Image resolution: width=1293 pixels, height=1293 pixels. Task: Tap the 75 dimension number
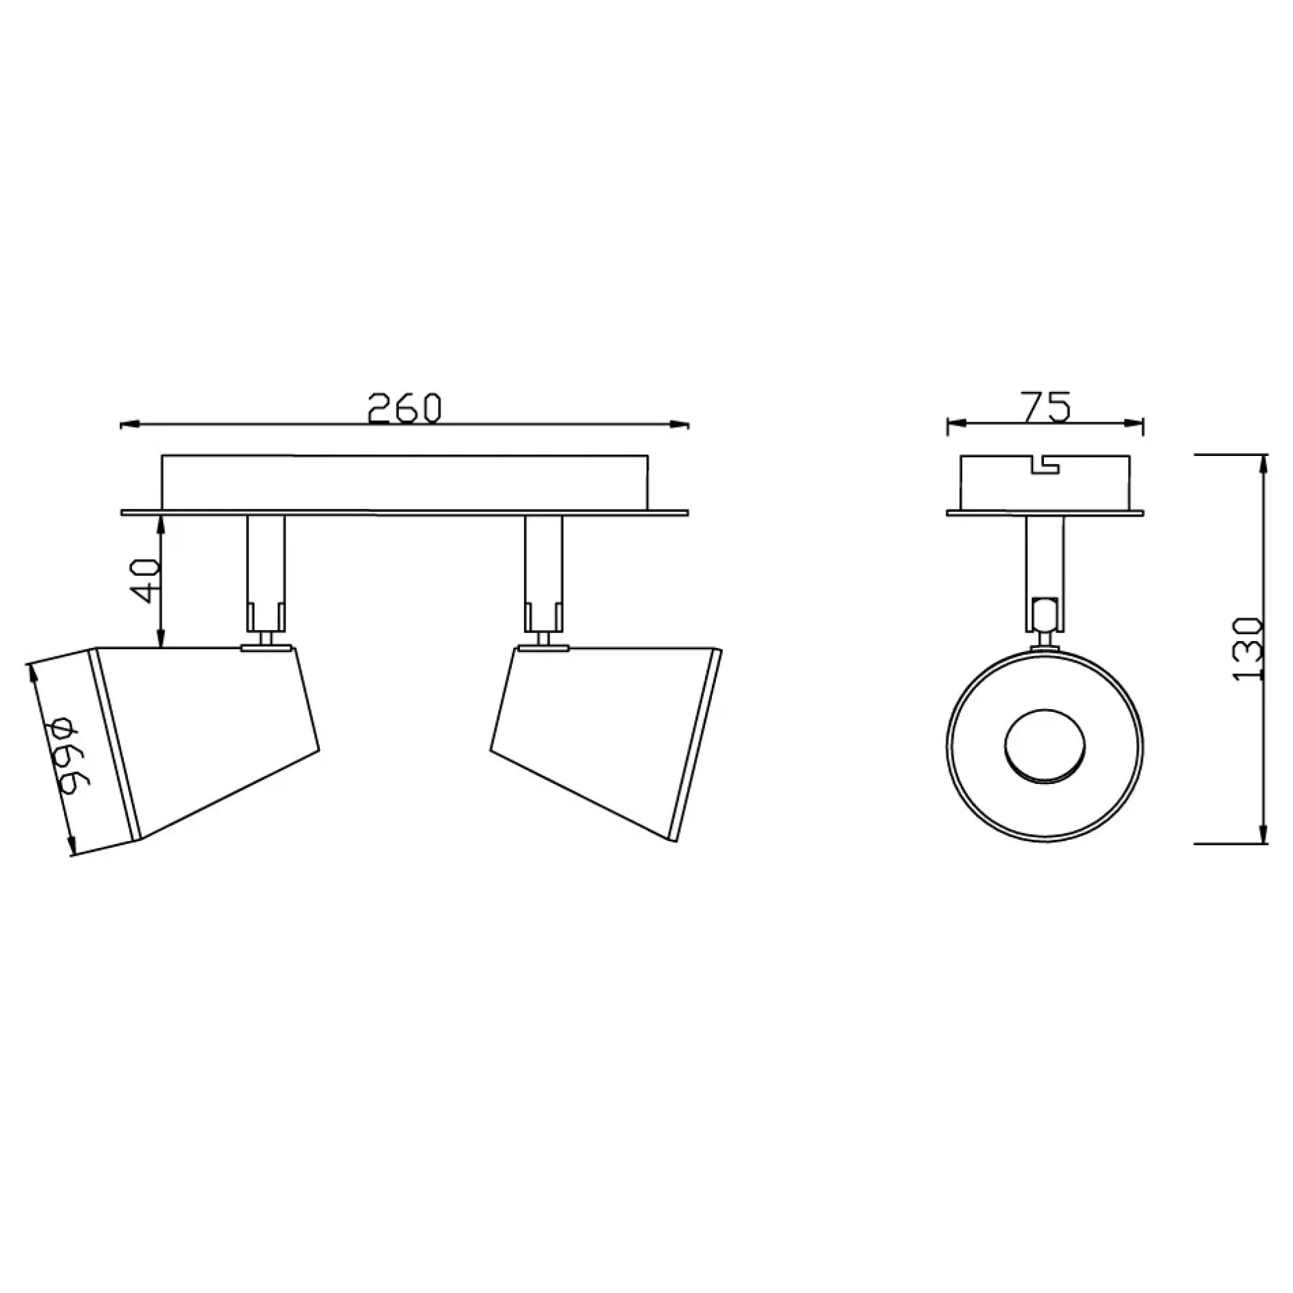tap(1045, 406)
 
